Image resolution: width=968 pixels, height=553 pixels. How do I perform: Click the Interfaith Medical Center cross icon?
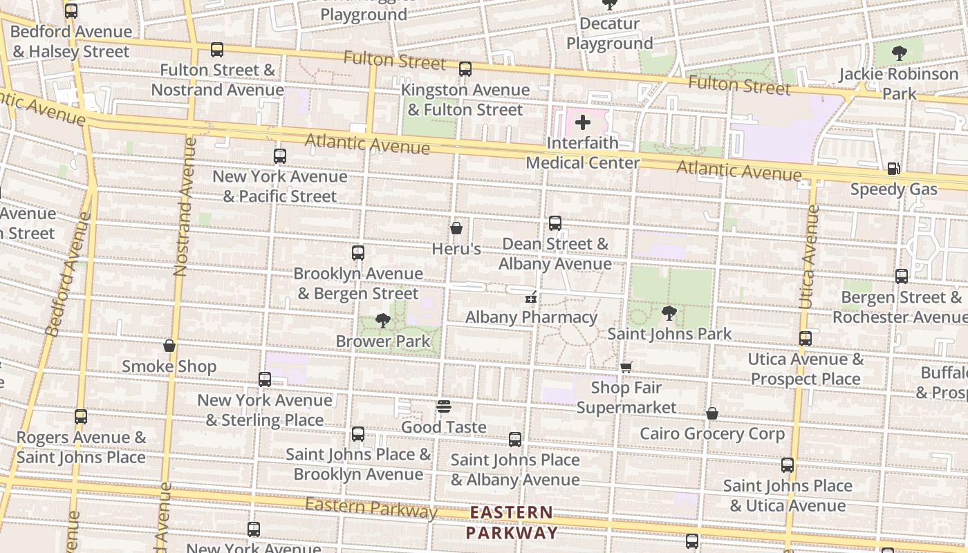point(583,123)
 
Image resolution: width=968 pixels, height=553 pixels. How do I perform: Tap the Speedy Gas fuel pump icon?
point(893,169)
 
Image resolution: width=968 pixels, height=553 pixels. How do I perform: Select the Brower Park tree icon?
point(382,321)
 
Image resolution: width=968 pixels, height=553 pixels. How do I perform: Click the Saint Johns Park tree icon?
point(669,313)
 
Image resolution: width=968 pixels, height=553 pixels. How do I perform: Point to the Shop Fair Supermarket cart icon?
point(626,367)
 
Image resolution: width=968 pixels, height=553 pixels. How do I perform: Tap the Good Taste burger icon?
point(444,406)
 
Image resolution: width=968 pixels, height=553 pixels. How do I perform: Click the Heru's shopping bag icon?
point(456,227)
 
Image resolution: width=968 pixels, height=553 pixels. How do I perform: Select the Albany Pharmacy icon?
point(531,297)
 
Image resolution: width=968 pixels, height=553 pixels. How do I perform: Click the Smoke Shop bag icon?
point(169,346)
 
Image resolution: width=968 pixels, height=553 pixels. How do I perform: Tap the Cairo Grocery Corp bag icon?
point(712,413)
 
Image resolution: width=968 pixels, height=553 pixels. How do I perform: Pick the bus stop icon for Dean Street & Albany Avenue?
point(555,223)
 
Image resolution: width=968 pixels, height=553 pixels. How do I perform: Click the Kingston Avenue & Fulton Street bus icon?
point(465,69)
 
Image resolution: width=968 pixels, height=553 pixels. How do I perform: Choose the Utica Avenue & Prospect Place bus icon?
point(806,339)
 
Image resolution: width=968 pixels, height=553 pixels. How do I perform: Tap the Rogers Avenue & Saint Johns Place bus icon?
point(81,417)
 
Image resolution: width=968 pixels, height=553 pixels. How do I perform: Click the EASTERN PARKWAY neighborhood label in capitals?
point(512,523)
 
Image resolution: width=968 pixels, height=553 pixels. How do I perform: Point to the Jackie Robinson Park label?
point(899,83)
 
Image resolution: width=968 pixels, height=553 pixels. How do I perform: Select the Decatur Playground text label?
point(609,33)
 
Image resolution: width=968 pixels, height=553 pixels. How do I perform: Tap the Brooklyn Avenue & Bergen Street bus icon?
point(358,253)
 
